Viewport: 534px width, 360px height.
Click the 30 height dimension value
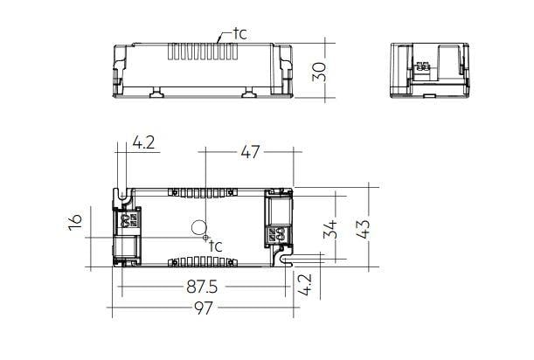(320, 72)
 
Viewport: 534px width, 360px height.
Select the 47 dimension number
(250, 152)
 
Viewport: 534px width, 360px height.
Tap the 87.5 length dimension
(202, 287)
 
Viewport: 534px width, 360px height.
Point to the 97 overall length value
(204, 308)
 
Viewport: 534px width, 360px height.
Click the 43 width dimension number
(363, 229)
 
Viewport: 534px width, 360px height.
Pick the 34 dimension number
(330, 229)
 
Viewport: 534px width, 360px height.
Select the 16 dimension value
(75, 222)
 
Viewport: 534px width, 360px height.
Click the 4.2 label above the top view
(143, 142)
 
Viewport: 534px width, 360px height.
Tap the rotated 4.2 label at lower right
(304, 284)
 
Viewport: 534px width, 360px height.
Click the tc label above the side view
(240, 34)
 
